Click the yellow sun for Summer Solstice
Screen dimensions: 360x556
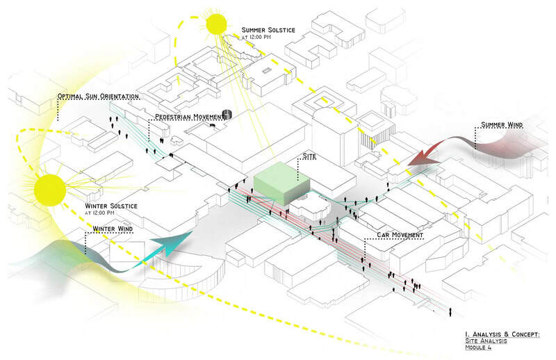click(x=216, y=24)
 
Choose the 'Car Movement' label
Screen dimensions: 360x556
click(x=400, y=235)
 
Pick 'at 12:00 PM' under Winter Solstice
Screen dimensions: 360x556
click(x=104, y=214)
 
